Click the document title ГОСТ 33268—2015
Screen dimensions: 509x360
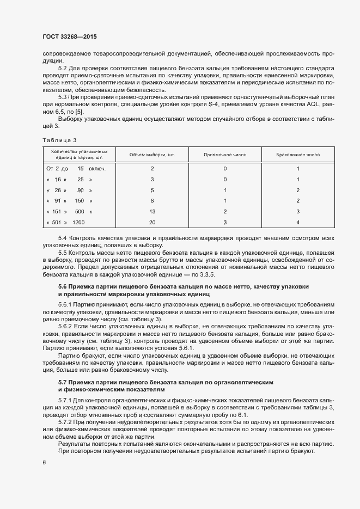[x=70, y=36]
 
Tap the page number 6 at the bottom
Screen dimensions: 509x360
[x=44, y=463]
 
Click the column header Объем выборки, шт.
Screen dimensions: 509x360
[x=152, y=155]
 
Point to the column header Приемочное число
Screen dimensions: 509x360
[x=225, y=155]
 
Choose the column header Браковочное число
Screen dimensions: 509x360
[x=298, y=155]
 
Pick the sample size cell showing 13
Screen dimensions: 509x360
[x=152, y=211]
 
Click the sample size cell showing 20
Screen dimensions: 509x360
[x=152, y=222]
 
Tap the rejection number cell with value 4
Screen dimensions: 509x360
[x=298, y=222]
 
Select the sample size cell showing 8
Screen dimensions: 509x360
[x=152, y=200]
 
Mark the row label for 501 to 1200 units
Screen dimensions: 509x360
[x=66, y=222]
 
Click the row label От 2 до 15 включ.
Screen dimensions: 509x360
[x=76, y=168]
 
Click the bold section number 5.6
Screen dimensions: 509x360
[x=63, y=286]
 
